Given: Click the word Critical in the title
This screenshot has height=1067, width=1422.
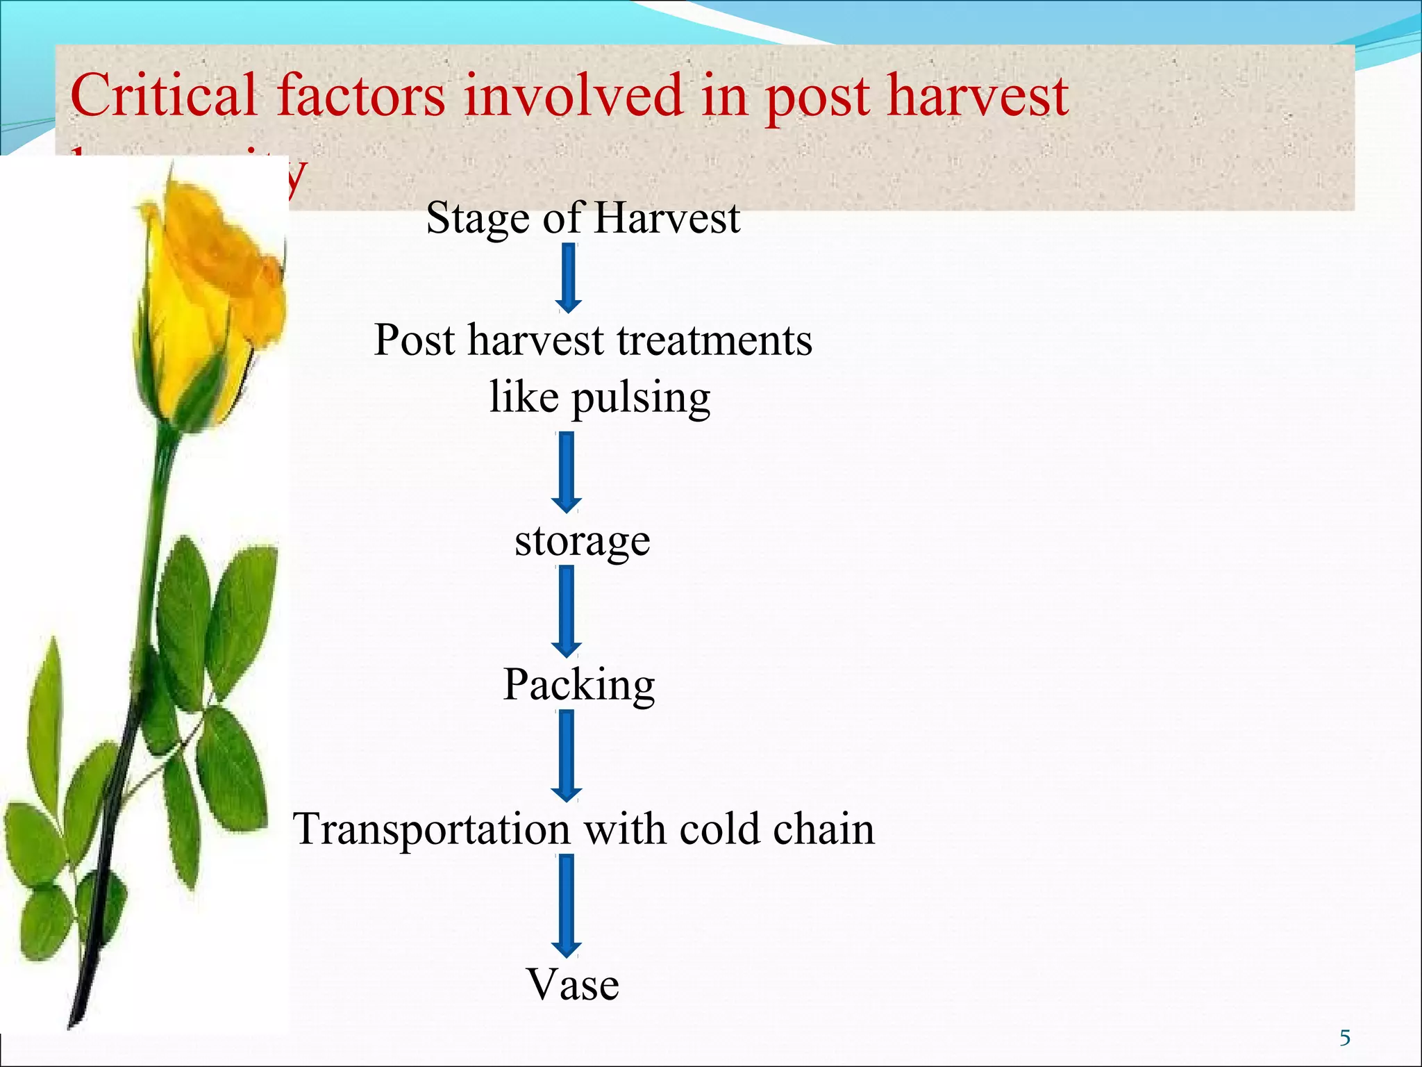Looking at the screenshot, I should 163,96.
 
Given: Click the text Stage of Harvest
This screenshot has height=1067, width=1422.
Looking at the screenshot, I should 583,218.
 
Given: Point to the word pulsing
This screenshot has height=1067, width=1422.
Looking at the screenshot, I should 640,398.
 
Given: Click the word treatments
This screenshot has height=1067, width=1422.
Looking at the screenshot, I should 714,340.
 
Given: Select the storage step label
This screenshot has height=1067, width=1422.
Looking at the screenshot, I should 582,540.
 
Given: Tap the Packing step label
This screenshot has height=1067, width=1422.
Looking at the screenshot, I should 578,685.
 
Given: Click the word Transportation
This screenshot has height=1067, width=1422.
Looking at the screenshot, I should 431,829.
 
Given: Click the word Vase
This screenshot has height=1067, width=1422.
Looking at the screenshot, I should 572,984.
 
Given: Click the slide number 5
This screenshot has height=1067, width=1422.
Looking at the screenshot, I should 1345,1038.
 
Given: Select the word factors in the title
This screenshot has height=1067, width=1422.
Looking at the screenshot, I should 361,96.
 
